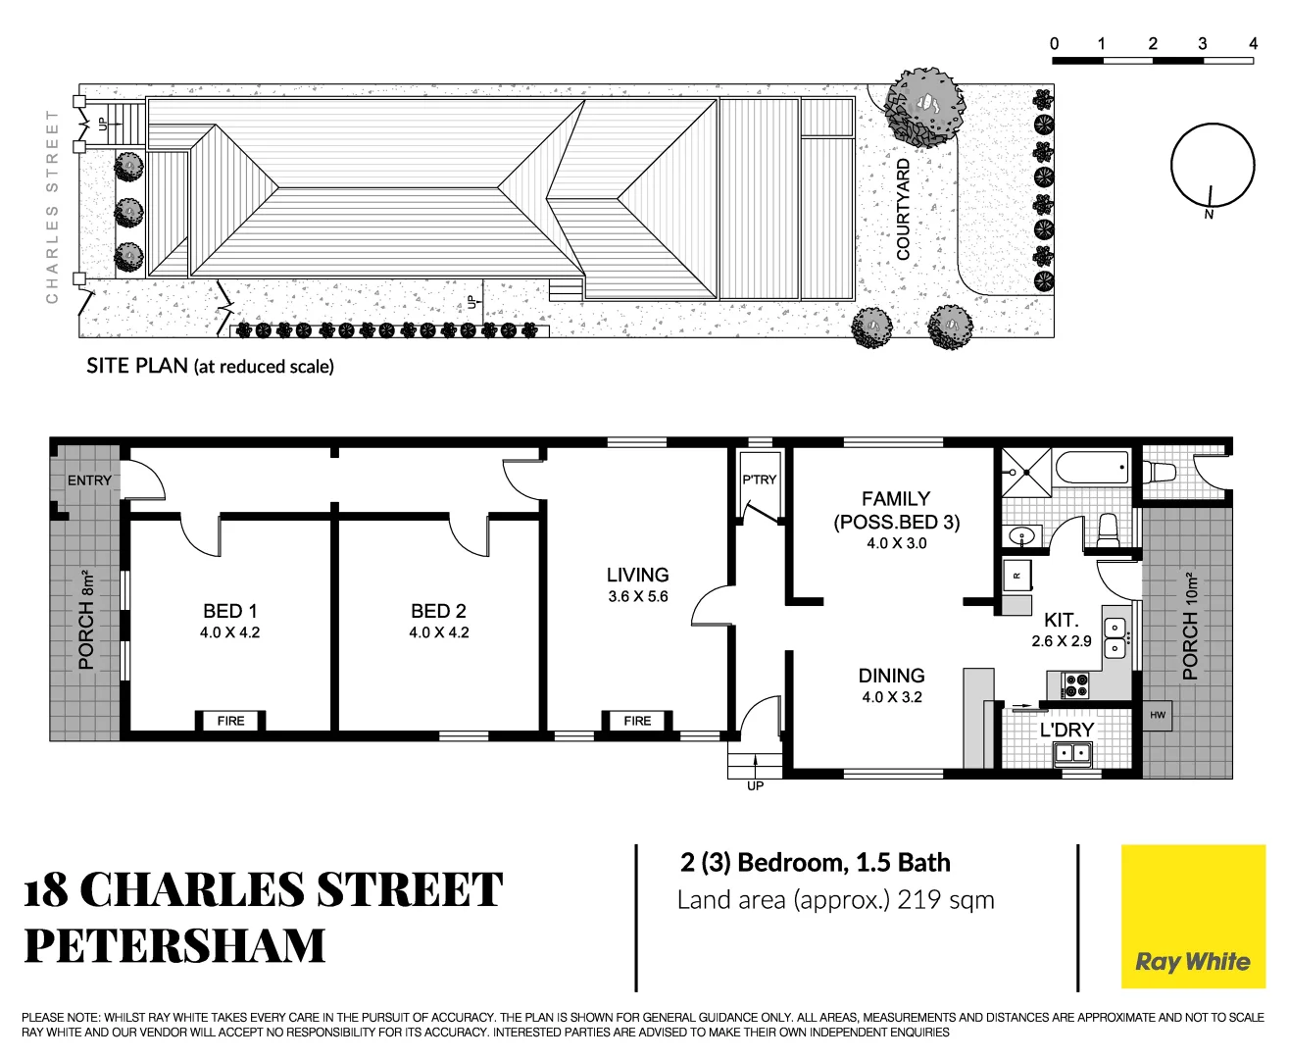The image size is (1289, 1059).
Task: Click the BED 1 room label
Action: pyautogui.click(x=229, y=611)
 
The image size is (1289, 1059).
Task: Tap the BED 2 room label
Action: pyautogui.click(x=438, y=611)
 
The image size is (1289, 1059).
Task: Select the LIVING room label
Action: pyautogui.click(x=637, y=576)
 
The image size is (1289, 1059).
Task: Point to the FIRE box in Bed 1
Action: pyautogui.click(x=230, y=721)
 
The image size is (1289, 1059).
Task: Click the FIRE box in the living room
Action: pyautogui.click(x=637, y=721)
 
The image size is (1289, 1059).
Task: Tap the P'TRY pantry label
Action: pyautogui.click(x=759, y=479)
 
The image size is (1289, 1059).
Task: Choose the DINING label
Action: pyautogui.click(x=891, y=676)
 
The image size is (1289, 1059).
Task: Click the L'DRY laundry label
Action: pyautogui.click(x=1066, y=730)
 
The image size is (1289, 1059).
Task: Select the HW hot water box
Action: pyautogui.click(x=1158, y=715)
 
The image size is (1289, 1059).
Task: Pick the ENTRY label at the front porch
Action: pyautogui.click(x=89, y=480)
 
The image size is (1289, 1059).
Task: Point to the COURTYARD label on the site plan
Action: pyautogui.click(x=904, y=210)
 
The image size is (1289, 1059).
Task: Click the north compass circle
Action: pyautogui.click(x=1213, y=165)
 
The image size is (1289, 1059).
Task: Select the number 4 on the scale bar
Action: pyautogui.click(x=1253, y=43)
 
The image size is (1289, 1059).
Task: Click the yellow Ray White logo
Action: pyautogui.click(x=1193, y=917)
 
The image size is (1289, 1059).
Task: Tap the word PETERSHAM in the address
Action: pyautogui.click(x=174, y=945)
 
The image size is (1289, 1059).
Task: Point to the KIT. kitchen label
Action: pyautogui.click(x=1061, y=620)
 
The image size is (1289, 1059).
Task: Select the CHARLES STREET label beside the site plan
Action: pyautogui.click(x=53, y=206)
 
